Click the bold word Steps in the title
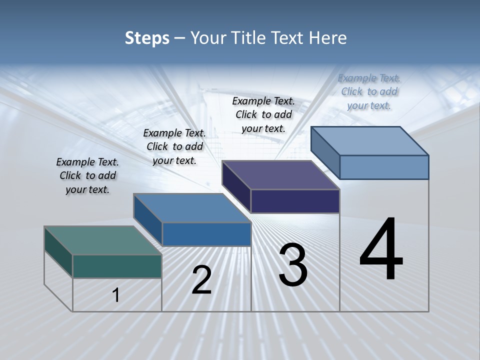[x=147, y=38]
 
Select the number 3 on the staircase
[x=293, y=265]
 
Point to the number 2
[x=202, y=280]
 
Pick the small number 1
[x=116, y=295]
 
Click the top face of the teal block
[x=102, y=240]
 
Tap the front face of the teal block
[x=117, y=266]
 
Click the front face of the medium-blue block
[x=206, y=234]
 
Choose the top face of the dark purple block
[x=280, y=175]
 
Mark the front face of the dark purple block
[x=295, y=201]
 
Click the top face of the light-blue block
[x=369, y=141]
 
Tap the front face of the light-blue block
[x=384, y=167]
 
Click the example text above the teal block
[x=87, y=176]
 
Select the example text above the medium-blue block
[x=174, y=146]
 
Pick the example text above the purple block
[x=263, y=114]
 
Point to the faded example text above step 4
[x=369, y=91]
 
